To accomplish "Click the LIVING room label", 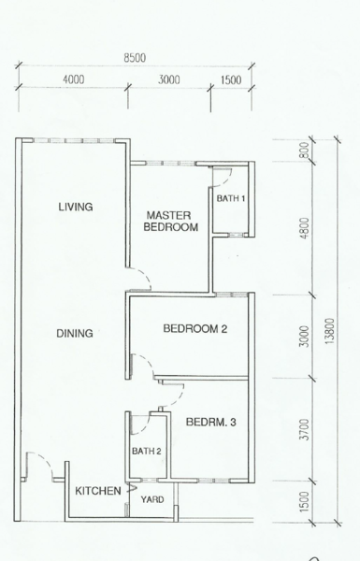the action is click(76, 207).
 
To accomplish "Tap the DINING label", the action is click(75, 334).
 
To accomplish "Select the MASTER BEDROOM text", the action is click(171, 221).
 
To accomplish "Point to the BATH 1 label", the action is click(231, 198).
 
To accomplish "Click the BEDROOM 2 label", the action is click(195, 328).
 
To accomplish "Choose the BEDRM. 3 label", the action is click(210, 423).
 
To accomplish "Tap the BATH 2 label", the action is click(147, 452).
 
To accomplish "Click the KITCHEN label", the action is click(97, 491).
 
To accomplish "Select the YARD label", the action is click(152, 499).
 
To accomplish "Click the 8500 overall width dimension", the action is click(135, 58).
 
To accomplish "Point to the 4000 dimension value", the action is click(73, 79).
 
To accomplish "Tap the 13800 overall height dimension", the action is click(329, 331).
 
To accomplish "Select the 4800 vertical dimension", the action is click(304, 228).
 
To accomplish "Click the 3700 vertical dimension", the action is click(304, 429).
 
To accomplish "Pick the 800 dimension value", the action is click(304, 151).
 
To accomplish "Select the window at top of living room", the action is click(73, 140).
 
